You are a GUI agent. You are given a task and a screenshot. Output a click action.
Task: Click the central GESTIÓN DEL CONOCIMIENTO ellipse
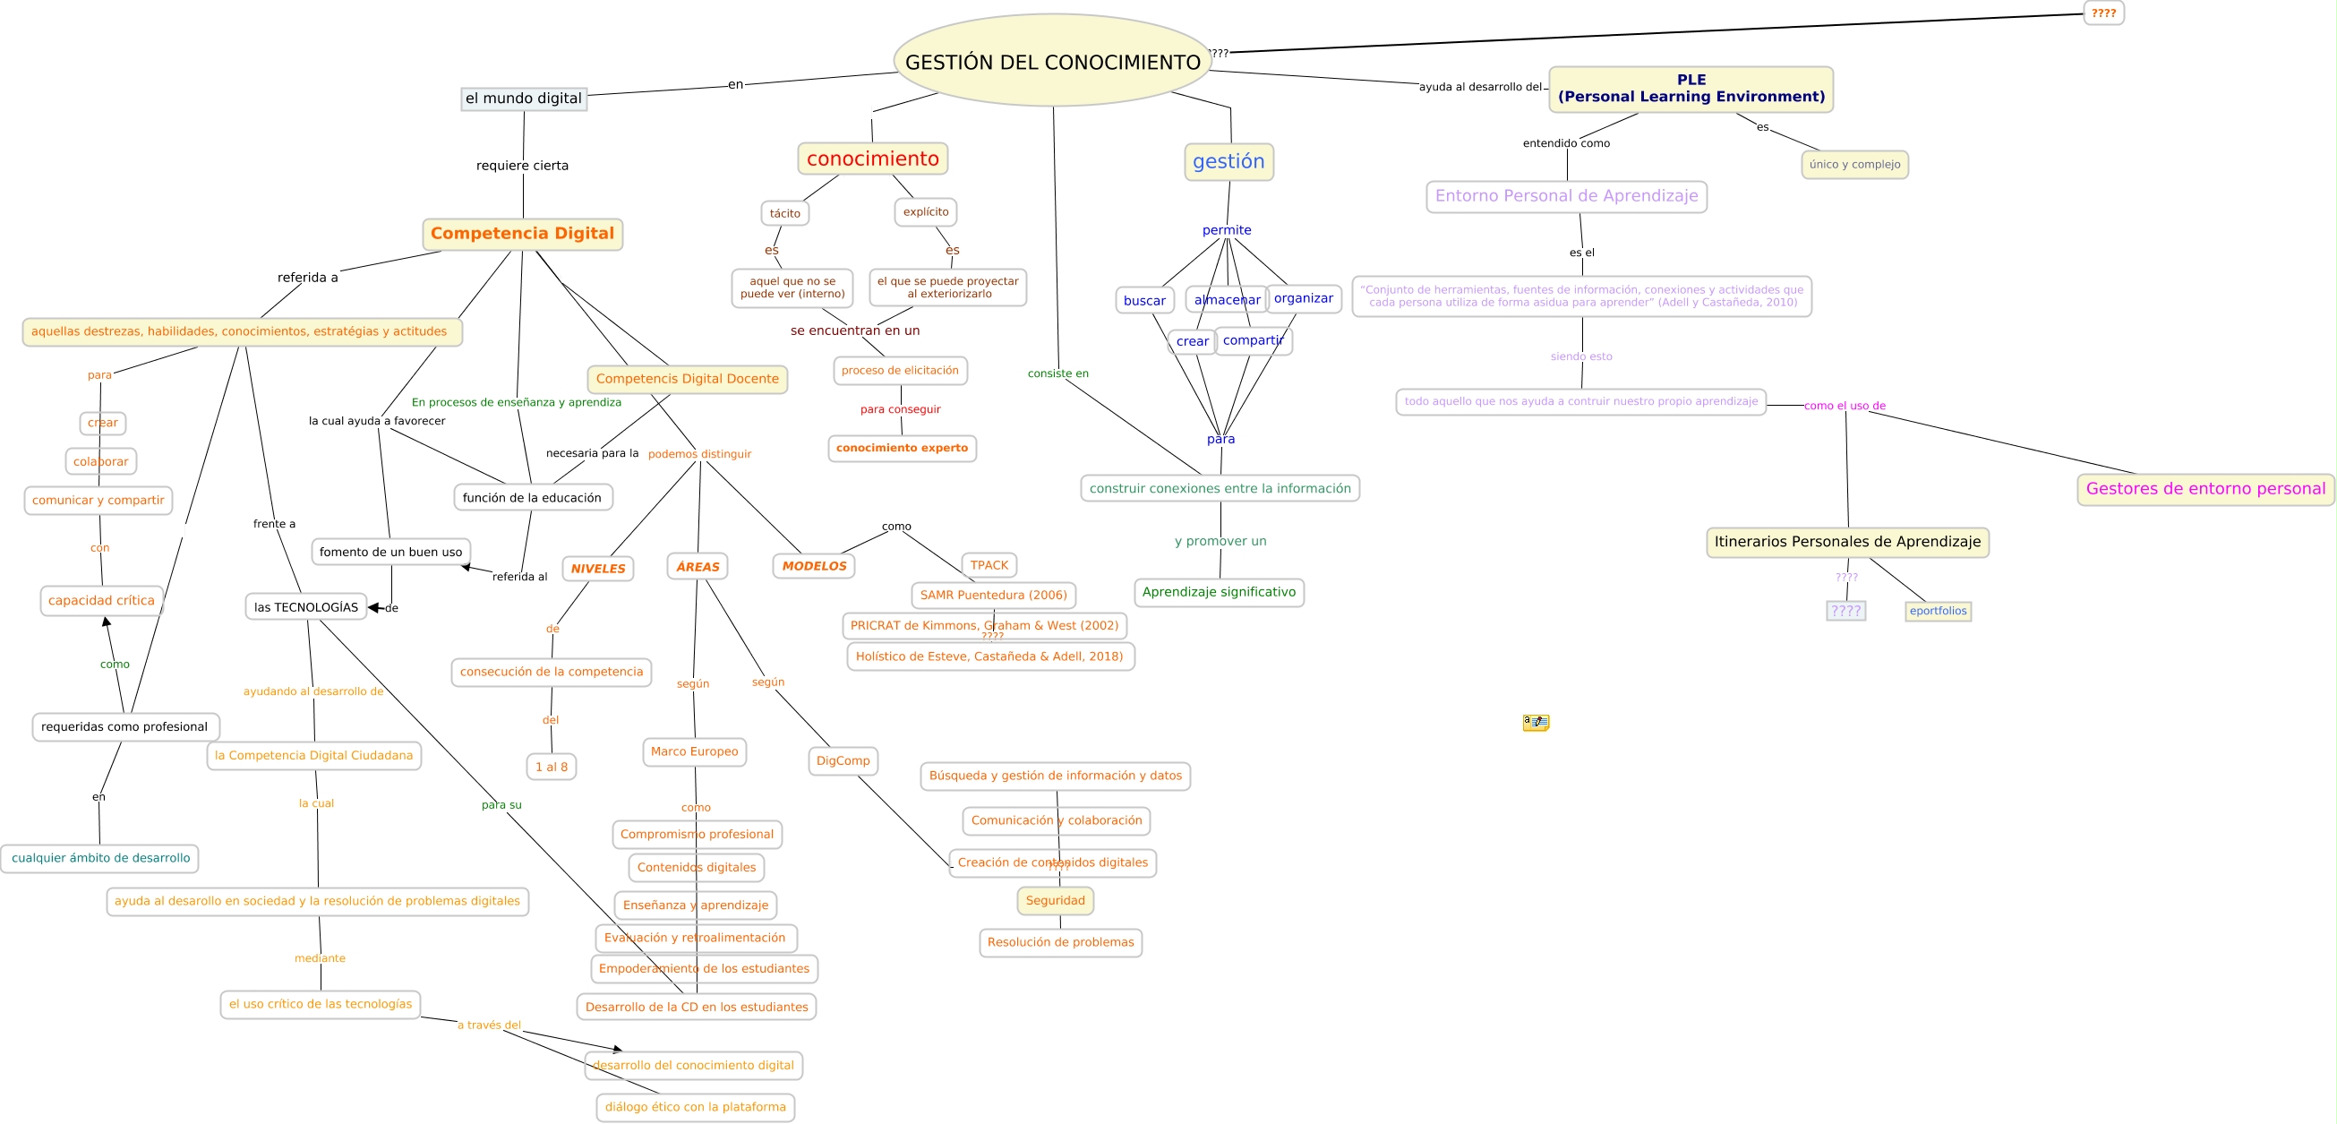pyautogui.click(x=1052, y=61)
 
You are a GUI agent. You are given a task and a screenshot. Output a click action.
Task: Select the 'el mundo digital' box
pyautogui.click(x=524, y=98)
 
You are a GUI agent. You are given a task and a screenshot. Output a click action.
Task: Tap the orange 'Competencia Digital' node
pyautogui.click(x=522, y=233)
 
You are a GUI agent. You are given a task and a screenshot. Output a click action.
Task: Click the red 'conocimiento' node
pyautogui.click(x=872, y=159)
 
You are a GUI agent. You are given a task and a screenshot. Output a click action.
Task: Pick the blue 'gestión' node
pyautogui.click(x=1228, y=161)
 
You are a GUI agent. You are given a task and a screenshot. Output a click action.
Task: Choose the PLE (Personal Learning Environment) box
pyautogui.click(x=1691, y=89)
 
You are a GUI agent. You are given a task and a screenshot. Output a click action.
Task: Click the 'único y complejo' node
pyautogui.click(x=1853, y=164)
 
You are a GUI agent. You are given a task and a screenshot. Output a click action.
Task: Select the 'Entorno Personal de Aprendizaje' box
pyautogui.click(x=1565, y=196)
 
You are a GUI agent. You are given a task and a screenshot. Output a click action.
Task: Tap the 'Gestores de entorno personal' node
pyautogui.click(x=2204, y=489)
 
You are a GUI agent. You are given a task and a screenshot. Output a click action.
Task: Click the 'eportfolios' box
pyautogui.click(x=1937, y=611)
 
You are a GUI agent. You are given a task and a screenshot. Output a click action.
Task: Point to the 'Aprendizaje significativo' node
pyautogui.click(x=1218, y=592)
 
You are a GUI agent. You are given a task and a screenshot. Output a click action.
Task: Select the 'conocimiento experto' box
pyautogui.click(x=901, y=448)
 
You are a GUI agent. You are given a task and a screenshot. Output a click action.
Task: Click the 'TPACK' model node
pyautogui.click(x=988, y=565)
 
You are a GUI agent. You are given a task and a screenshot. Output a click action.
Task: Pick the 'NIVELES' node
pyautogui.click(x=597, y=568)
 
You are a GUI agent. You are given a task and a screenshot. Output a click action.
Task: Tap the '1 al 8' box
pyautogui.click(x=551, y=767)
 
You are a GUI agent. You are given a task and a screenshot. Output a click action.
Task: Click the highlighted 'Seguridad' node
pyautogui.click(x=1054, y=901)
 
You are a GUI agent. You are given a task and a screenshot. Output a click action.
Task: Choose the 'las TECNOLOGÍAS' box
pyautogui.click(x=305, y=607)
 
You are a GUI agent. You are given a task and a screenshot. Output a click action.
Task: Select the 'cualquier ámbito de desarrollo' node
pyautogui.click(x=99, y=858)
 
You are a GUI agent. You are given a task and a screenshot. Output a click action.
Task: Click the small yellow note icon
pyautogui.click(x=1535, y=722)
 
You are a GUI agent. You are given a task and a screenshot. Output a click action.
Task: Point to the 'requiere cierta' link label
pyautogui.click(x=522, y=165)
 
